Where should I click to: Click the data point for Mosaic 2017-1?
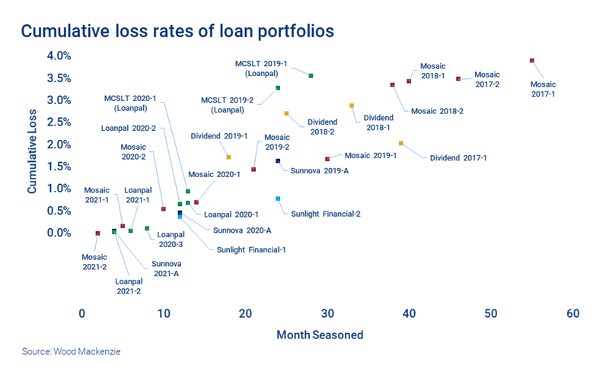532,61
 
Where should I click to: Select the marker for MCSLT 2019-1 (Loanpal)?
311,75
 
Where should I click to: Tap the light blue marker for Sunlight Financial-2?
279,198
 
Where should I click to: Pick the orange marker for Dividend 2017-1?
401,143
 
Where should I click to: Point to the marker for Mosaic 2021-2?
97,233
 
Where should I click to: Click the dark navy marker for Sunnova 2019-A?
278,161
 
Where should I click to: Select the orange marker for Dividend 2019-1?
228,157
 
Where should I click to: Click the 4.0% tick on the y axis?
58,56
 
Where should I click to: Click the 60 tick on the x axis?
573,313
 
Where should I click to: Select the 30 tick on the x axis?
327,313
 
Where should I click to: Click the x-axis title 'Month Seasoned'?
320,335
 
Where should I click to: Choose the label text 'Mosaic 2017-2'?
487,79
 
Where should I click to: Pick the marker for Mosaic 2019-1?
327,159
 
